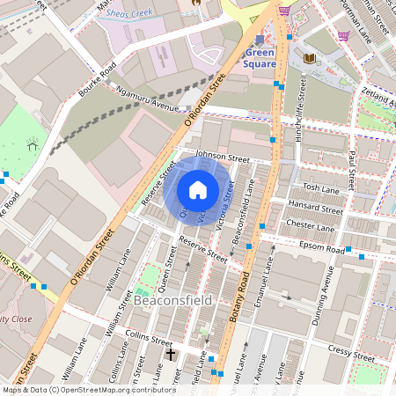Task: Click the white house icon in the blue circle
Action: [x=198, y=190]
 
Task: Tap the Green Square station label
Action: [x=260, y=57]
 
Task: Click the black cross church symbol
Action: [x=171, y=354]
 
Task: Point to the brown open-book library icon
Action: [x=309, y=59]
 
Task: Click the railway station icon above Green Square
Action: [x=260, y=40]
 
